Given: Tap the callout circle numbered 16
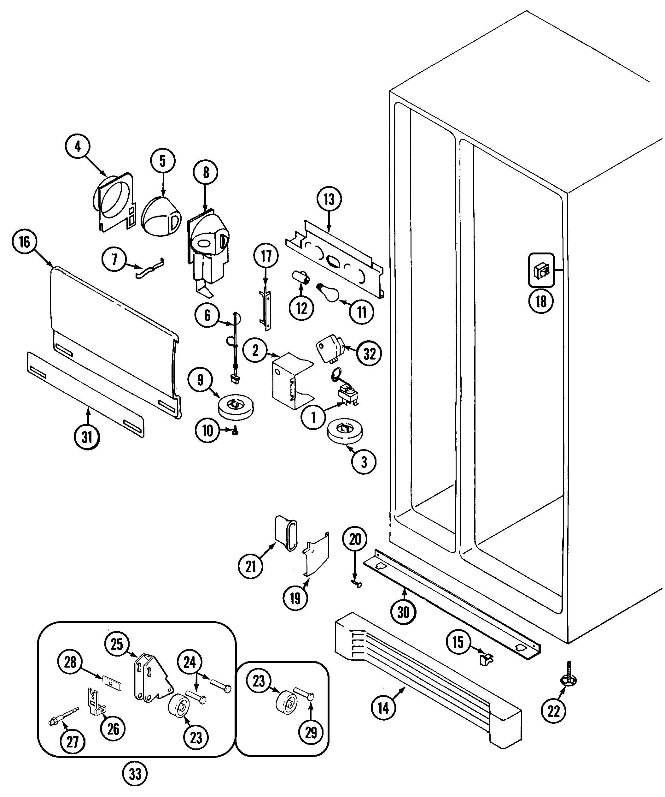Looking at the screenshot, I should point(25,242).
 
